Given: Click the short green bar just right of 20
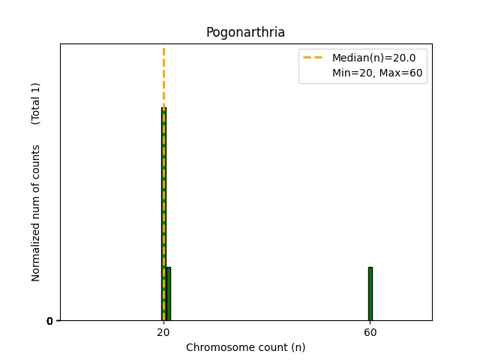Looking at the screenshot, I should point(168,293).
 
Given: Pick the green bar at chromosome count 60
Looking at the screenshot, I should point(370,293).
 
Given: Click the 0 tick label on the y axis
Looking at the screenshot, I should point(49,321).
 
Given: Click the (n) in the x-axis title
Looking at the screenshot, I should point(298,347).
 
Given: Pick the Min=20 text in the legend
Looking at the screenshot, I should point(349,73).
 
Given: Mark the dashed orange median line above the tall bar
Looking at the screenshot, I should point(163,75).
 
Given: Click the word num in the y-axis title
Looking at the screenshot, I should point(36,205).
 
